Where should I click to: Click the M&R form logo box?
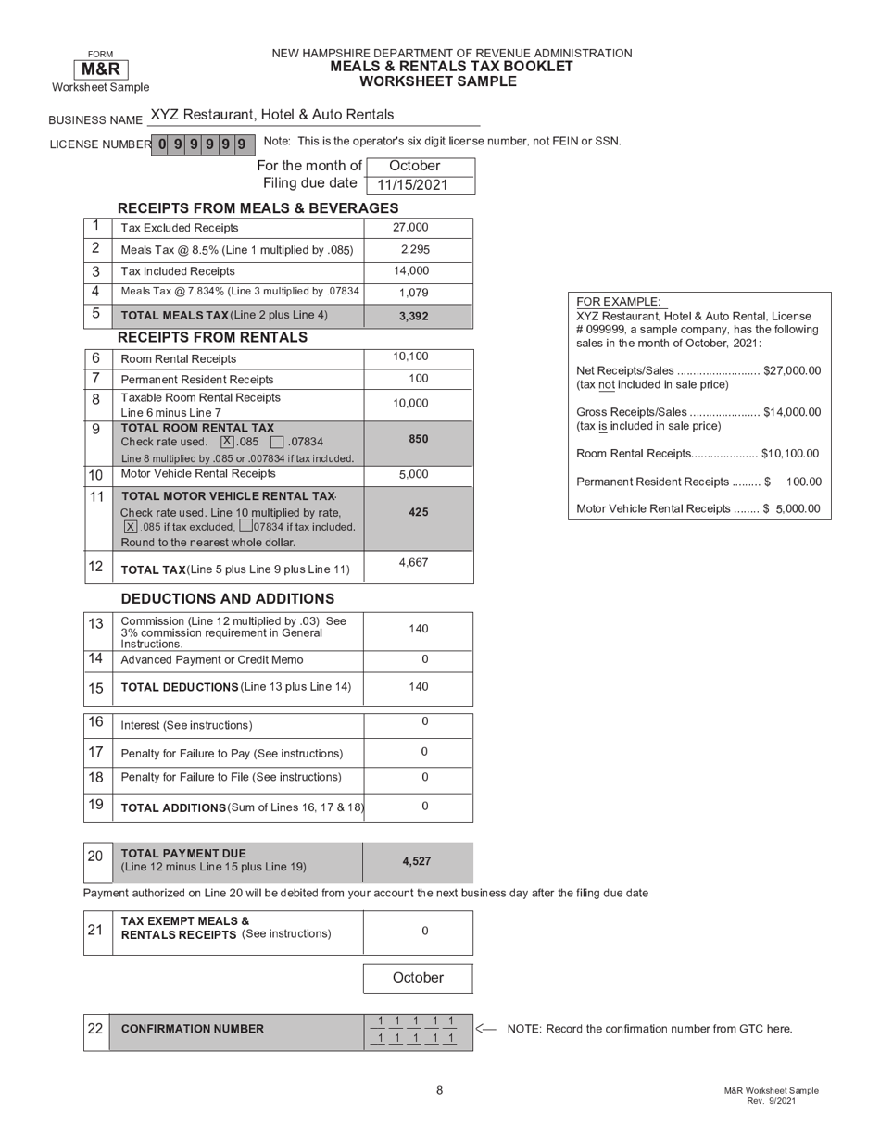coord(100,69)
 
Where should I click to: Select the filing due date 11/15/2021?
coord(412,185)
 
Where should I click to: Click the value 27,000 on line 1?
coord(410,228)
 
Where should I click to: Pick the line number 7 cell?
coord(96,379)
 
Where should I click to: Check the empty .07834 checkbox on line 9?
coord(276,442)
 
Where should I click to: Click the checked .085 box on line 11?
coord(131,527)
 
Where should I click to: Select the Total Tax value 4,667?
coord(413,562)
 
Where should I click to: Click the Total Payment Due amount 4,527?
coord(416,861)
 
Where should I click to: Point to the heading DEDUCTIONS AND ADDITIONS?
coord(227,599)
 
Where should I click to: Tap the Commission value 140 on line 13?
coord(419,629)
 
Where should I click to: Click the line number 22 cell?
coord(95,1028)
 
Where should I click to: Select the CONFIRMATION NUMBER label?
coord(193,1029)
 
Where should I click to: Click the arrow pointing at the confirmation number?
coord(485,1028)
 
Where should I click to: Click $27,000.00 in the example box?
coord(792,370)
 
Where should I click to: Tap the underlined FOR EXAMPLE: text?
coord(619,302)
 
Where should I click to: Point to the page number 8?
coord(439,1090)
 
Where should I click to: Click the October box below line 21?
coord(418,978)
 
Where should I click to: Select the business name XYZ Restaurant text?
coord(271,115)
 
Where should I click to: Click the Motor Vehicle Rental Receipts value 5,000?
coord(413,474)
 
